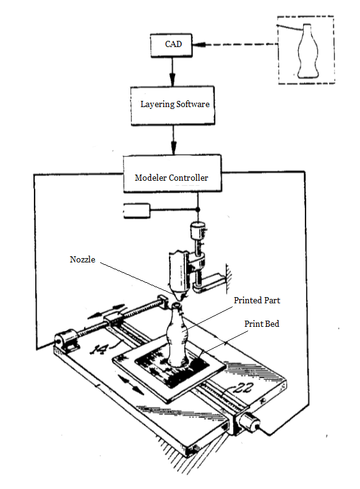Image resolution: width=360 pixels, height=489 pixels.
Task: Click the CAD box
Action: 171,45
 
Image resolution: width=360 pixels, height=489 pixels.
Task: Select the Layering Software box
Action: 173,106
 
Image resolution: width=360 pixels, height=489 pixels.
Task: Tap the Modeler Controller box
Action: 173,173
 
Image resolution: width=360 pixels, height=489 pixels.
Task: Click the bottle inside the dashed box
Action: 308,51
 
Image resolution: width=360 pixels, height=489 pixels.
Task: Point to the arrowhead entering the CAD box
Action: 199,45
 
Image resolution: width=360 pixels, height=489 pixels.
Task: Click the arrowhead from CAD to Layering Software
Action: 172,80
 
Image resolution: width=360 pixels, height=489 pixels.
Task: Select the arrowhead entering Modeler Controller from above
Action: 173,148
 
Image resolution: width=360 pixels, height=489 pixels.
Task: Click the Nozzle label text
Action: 82,259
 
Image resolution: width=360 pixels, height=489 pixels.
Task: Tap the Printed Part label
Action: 257,300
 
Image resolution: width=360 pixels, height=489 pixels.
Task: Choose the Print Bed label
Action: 262,324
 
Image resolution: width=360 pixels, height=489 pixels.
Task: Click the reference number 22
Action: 243,387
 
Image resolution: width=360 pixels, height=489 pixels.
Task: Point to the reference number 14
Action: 98,348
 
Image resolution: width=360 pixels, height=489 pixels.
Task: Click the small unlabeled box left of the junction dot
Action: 137,210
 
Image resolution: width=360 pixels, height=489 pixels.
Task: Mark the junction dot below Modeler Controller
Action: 197,210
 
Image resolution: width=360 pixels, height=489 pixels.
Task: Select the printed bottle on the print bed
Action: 178,335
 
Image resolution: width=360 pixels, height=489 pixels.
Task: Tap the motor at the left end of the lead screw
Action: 66,339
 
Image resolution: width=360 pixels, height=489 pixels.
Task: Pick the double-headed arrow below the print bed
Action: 131,384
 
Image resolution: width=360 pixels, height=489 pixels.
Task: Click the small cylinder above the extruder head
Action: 197,230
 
